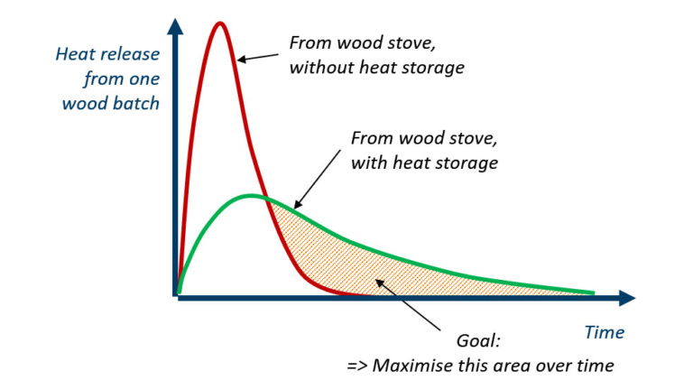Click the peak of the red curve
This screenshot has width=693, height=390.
tap(219, 23)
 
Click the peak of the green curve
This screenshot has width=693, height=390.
tap(251, 195)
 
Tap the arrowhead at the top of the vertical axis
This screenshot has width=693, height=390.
tap(175, 25)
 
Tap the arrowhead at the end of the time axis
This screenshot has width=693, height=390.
tap(628, 298)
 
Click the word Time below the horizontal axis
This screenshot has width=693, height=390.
tap(605, 332)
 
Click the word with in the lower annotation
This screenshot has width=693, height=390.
tap(369, 162)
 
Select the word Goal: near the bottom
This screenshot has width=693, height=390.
tap(478, 341)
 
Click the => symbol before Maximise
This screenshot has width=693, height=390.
tap(357, 367)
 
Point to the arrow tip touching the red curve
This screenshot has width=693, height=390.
tap(238, 60)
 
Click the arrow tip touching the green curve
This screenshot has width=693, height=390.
tap(295, 208)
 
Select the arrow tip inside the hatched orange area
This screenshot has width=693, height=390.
tap(376, 280)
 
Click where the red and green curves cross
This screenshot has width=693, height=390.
tap(266, 197)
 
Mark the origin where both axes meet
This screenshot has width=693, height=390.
tap(176, 298)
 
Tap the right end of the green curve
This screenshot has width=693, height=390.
tap(594, 292)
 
